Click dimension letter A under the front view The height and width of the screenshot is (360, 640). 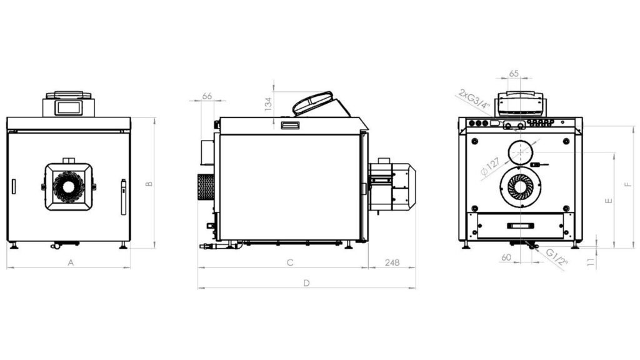click(71, 262)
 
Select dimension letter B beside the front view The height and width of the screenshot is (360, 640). click(149, 184)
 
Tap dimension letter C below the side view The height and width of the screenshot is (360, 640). click(290, 262)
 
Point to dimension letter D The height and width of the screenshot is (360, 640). click(306, 283)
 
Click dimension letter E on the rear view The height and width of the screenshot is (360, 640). click(609, 201)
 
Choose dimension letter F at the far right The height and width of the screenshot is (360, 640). click(628, 184)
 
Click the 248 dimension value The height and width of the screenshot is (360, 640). click(392, 262)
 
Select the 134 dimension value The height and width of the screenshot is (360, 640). click(268, 104)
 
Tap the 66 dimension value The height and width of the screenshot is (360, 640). click(207, 96)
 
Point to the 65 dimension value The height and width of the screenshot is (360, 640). click(514, 74)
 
